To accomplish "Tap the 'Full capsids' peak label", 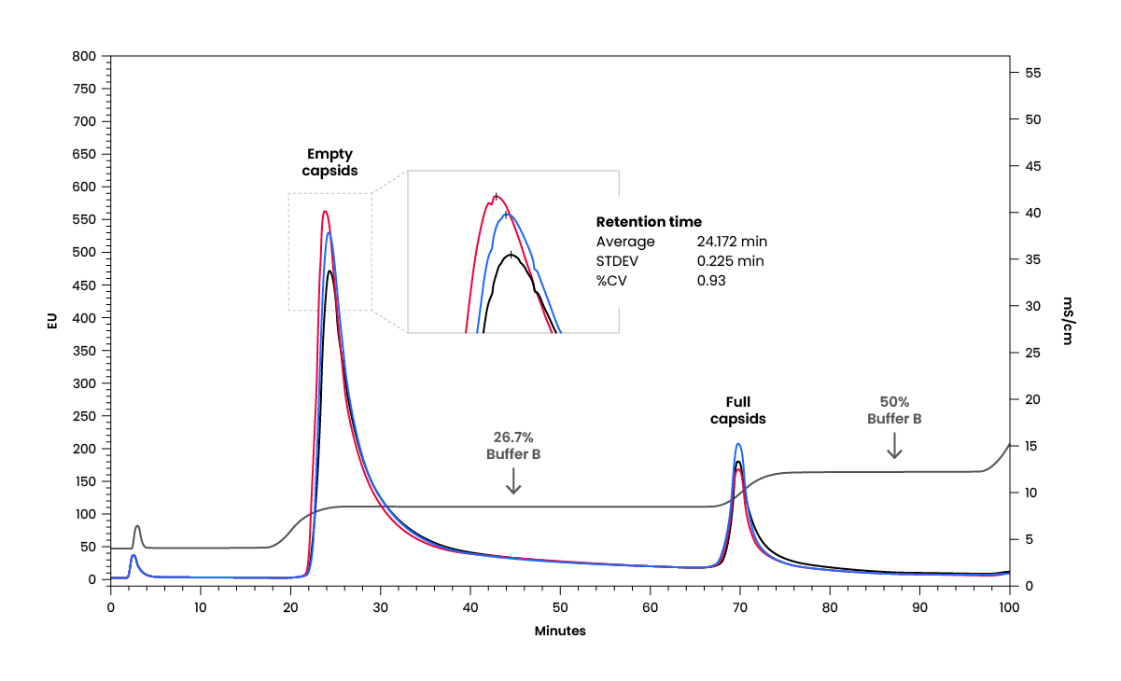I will tap(737, 410).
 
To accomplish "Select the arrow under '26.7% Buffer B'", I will tap(513, 480).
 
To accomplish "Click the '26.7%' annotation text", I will tap(512, 436).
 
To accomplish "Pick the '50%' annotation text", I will tap(894, 401).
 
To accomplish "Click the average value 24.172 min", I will tap(732, 242).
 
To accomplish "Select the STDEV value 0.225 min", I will tap(730, 261).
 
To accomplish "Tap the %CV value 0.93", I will tap(711, 280).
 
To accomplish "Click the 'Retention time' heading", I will tap(649, 222).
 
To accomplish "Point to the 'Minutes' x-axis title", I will tap(560, 631).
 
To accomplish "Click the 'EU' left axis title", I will tap(53, 322).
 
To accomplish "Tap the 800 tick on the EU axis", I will tap(84, 56).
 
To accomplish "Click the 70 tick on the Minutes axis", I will tap(740, 606).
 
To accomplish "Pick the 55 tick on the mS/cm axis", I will tap(1032, 73).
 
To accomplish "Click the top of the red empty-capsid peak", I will tap(324, 211).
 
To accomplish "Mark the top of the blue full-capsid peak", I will tap(738, 444).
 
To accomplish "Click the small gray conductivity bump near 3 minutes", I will tap(137, 526).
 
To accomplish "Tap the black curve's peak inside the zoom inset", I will tap(510, 254).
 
